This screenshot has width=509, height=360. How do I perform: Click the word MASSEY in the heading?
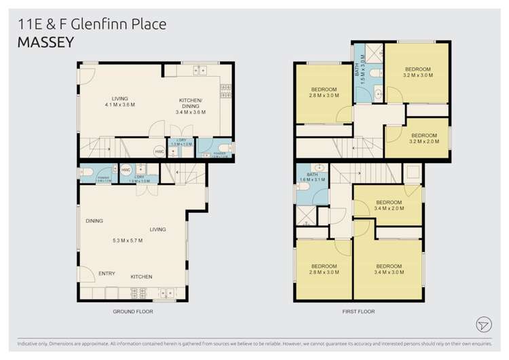45,41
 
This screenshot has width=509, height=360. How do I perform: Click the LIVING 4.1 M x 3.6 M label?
119,102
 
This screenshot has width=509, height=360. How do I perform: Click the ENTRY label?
107,274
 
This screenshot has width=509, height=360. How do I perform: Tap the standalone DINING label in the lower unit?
94,221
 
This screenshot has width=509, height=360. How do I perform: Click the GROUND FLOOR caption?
133,312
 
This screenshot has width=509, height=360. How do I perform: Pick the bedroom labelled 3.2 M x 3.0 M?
417,72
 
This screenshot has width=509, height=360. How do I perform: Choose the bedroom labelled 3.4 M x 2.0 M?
389,205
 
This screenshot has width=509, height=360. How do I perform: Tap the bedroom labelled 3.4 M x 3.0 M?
389,269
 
